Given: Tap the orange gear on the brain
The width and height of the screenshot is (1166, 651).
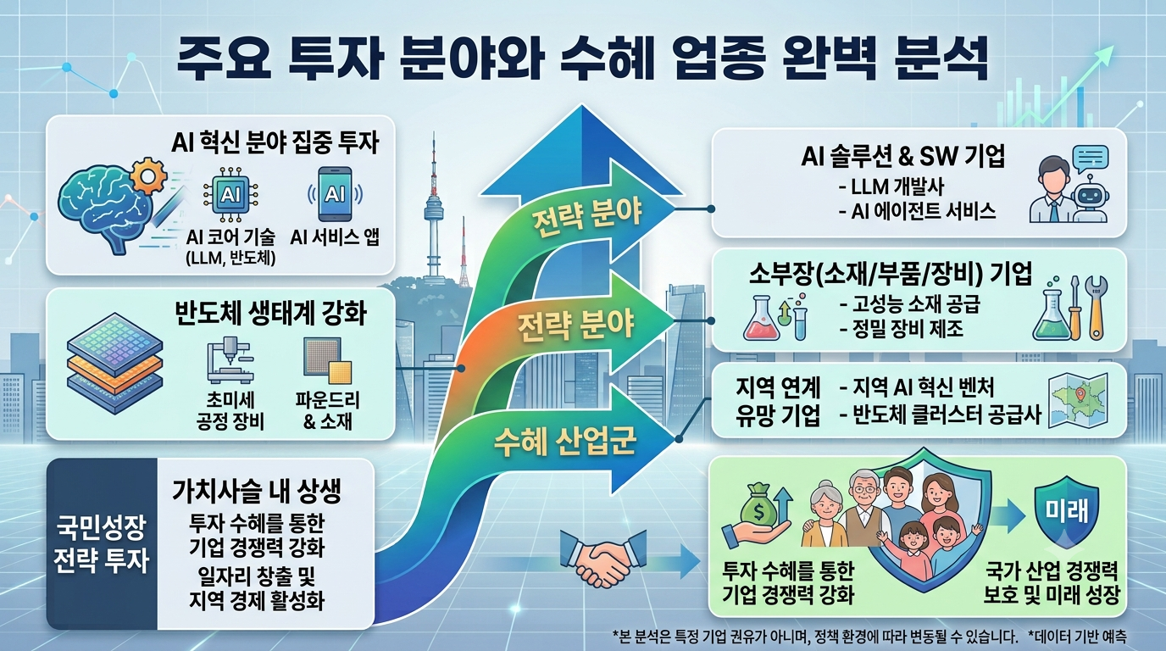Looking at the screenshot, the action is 148,175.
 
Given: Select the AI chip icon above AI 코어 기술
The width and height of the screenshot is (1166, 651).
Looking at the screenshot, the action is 230,195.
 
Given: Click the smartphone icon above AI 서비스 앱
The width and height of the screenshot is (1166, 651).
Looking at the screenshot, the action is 335,194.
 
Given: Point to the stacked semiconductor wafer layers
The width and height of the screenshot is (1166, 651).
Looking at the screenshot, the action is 115,363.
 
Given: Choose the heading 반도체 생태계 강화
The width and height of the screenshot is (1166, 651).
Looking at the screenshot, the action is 270,314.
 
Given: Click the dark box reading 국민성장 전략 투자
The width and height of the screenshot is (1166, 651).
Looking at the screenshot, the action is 102,543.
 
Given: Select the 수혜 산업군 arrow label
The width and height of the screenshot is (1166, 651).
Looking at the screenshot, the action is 564,442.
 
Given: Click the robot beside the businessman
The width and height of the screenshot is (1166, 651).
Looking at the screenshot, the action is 1090,202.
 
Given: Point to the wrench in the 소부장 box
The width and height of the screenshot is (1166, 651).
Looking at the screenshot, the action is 1097,307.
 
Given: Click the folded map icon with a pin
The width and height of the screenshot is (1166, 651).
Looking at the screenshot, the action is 1079,400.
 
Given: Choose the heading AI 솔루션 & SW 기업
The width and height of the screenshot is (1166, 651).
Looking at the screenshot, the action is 903,157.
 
